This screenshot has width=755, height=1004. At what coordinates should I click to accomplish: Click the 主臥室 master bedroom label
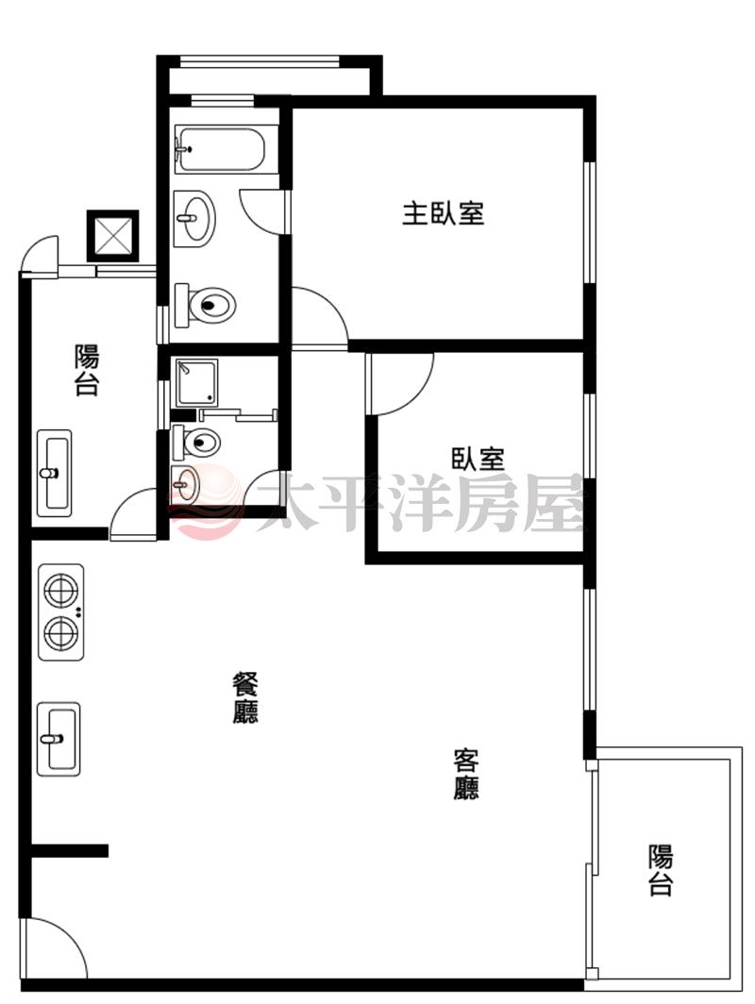pos(443,213)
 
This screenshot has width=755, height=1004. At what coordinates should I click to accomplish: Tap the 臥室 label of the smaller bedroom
pos(478,459)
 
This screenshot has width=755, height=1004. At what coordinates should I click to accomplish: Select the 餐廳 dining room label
pos(245,697)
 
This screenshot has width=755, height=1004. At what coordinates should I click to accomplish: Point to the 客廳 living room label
pos(465,774)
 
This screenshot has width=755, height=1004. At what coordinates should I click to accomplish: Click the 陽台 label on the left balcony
pos(87,370)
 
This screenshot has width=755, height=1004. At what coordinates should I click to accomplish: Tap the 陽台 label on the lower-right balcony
pos(661,870)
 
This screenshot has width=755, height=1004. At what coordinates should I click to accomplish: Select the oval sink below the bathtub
pos(194,218)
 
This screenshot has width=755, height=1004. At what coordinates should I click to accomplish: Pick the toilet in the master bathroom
pos(205,305)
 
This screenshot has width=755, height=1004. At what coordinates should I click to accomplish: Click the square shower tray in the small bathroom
pos(197,382)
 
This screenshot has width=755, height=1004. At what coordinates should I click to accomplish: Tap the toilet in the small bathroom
pos(196,442)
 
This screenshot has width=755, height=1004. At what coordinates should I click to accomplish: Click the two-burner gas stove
pos(61,612)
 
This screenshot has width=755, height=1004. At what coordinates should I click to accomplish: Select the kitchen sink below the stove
pos(59,739)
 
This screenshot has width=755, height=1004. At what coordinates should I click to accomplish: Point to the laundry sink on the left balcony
pos(55,473)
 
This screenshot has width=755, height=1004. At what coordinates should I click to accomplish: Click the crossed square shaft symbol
pos(112,236)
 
